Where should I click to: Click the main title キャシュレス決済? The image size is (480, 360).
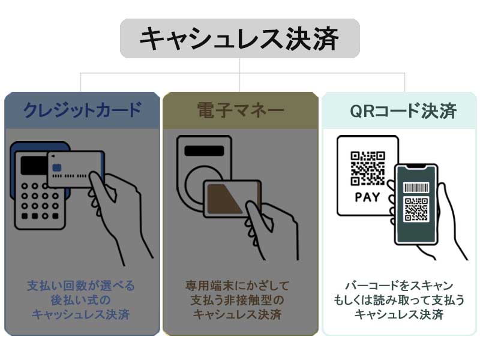239,38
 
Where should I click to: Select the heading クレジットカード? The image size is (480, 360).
82,110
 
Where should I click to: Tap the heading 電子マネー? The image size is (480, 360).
241,110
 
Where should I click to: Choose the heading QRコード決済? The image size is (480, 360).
403,110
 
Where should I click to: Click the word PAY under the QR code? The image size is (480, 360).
367,197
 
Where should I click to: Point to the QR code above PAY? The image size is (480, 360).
367,168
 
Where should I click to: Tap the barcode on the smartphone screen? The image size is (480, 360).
416,187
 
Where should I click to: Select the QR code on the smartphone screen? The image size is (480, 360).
416,209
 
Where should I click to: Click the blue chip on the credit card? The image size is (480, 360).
57,167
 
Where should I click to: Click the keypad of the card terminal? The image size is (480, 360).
40,201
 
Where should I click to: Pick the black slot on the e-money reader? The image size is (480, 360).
204,151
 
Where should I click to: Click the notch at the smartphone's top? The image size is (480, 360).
416,167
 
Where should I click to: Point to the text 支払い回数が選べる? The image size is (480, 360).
81,286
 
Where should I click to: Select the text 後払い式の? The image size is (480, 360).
81,300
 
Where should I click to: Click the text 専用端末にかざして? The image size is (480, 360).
237,286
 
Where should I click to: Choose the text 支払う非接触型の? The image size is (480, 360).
237,300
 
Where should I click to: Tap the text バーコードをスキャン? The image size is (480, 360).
399,286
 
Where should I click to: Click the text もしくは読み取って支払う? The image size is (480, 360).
399,300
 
